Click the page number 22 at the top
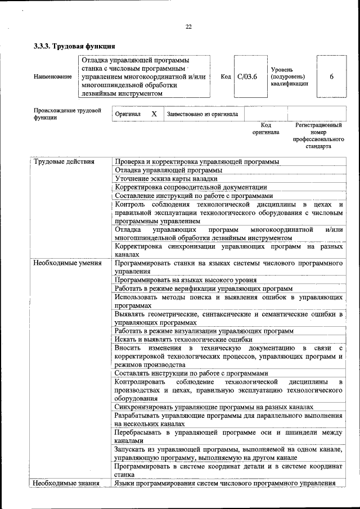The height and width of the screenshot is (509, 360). click(x=188, y=26)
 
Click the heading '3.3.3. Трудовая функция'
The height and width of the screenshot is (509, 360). click(x=75, y=46)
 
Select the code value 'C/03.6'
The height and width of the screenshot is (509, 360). click(x=247, y=76)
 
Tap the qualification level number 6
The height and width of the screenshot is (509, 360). click(x=332, y=76)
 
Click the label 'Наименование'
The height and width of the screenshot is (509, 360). click(x=53, y=76)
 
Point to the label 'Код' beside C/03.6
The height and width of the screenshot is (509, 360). click(x=226, y=76)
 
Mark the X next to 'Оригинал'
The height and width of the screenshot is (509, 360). click(x=154, y=114)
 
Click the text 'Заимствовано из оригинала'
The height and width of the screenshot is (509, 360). click(x=202, y=114)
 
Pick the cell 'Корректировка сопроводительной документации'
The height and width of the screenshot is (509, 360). click(x=191, y=187)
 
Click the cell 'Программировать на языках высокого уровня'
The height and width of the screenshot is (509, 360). click(x=186, y=280)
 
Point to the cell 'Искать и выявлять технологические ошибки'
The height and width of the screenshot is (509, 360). click(x=183, y=339)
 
